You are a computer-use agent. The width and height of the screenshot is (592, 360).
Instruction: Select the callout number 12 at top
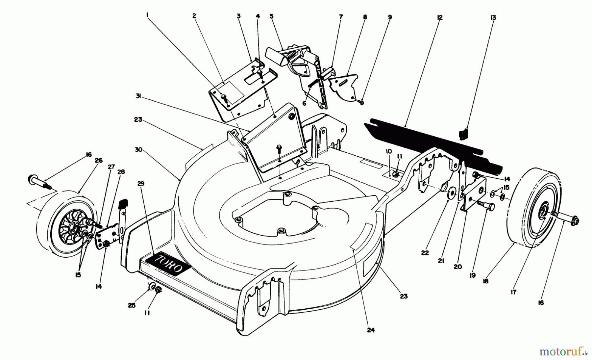click(440, 17)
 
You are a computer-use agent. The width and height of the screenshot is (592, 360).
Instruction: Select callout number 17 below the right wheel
click(514, 292)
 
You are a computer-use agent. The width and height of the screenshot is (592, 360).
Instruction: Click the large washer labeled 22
click(451, 194)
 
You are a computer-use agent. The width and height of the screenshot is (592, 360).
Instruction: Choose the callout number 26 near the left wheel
click(98, 161)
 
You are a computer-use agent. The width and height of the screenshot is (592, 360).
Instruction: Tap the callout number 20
click(457, 267)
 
